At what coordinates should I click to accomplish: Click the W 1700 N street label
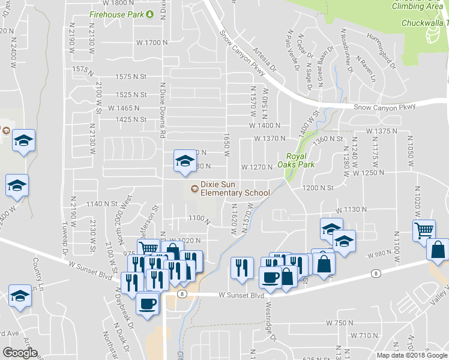(x=151, y=43)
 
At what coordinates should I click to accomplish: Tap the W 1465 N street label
(x=124, y=108)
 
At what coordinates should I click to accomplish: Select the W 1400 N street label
(x=265, y=125)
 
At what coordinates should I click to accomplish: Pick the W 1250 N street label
(x=368, y=173)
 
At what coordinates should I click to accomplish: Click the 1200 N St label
(x=318, y=188)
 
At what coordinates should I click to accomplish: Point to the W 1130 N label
(x=351, y=210)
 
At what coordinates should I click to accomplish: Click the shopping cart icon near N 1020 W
(x=424, y=229)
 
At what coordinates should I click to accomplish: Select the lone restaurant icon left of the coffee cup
(x=242, y=266)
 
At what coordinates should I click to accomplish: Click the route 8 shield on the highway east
(x=376, y=273)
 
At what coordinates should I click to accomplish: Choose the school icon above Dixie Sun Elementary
(x=184, y=160)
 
